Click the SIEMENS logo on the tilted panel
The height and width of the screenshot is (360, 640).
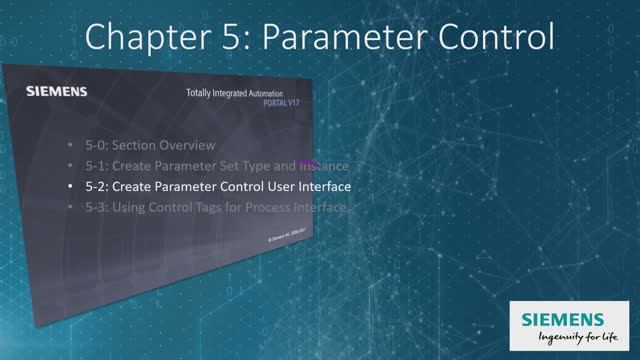click(x=55, y=92)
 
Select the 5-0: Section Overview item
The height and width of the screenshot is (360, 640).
click(x=150, y=145)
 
